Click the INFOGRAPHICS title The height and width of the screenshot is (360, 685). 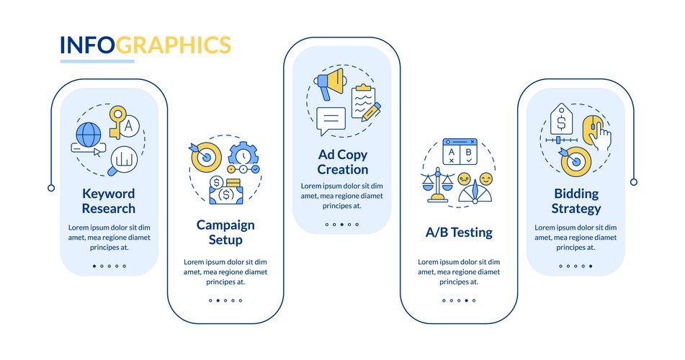pyautogui.click(x=145, y=45)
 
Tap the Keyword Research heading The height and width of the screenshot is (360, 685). pyautogui.click(x=109, y=201)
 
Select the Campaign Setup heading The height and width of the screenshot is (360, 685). pyautogui.click(x=225, y=232)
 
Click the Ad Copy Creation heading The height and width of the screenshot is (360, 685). pyautogui.click(x=343, y=162)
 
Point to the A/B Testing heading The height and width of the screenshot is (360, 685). pyautogui.click(x=459, y=232)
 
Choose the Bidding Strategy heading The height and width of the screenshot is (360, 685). pyautogui.click(x=576, y=201)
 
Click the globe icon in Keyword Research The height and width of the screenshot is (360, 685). pyautogui.click(x=89, y=135)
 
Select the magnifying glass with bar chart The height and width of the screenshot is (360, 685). pyautogui.click(x=122, y=161)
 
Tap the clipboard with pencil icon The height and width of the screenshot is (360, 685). pyautogui.click(x=366, y=102)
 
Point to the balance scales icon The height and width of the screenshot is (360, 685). pyautogui.click(x=437, y=184)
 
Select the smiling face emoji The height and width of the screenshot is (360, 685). pyautogui.click(x=485, y=179)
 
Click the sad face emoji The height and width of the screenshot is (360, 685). pyautogui.click(x=464, y=179)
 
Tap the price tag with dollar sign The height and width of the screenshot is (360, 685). pyautogui.click(x=561, y=118)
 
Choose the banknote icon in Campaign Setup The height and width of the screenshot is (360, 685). pyautogui.click(x=226, y=194)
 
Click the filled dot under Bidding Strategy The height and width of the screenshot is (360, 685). pyautogui.click(x=591, y=266)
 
